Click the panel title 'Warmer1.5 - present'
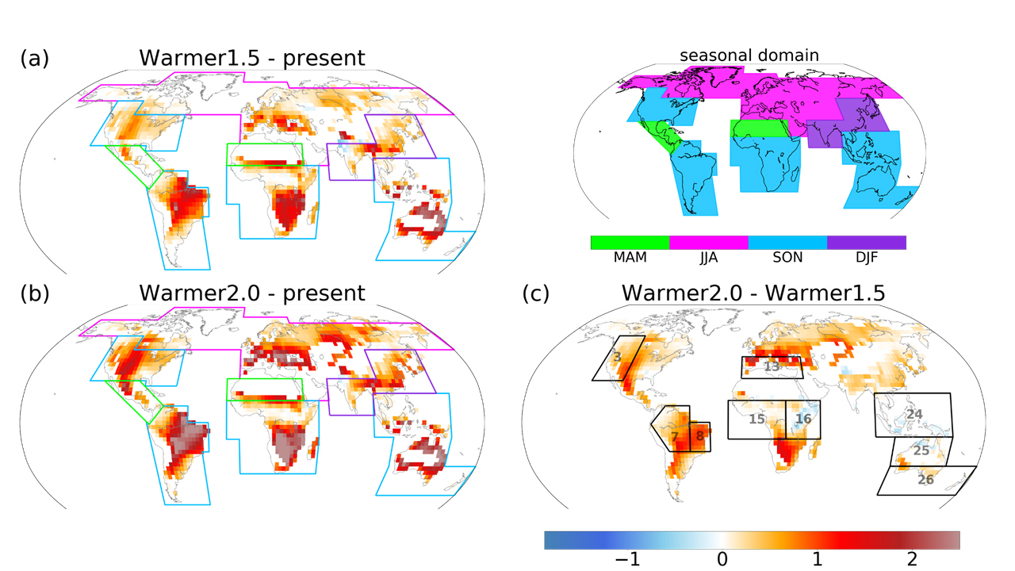251,58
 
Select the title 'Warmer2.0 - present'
251,293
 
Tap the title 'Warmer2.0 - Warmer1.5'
753,293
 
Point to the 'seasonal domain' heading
749,56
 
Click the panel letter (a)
35,58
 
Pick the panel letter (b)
35,293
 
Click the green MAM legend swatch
630,242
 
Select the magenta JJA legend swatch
709,242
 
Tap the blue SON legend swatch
787,242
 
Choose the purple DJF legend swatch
866,242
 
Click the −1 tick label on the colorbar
627,559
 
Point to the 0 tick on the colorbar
722,559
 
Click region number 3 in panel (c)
617,358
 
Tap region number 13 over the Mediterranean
772,367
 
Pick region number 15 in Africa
756,419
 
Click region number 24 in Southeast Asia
914,415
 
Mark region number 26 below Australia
925,479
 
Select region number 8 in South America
699,435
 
